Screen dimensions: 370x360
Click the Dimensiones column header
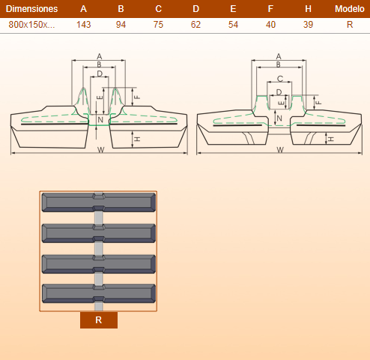click(31, 9)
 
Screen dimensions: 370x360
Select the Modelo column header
click(350, 9)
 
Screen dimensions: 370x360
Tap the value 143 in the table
click(83, 25)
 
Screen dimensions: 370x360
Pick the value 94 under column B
click(121, 25)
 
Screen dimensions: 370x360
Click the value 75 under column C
click(158, 25)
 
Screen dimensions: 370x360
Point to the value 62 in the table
click(195, 25)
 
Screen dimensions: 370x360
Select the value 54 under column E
click(233, 25)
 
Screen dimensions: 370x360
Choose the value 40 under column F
click(270, 25)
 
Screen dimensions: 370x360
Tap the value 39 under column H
click(308, 25)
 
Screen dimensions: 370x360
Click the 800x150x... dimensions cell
click(31, 25)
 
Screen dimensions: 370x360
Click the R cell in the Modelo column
click(350, 25)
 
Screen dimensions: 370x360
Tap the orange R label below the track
click(99, 320)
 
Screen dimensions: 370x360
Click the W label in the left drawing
click(100, 150)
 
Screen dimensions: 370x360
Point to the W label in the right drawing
click(280, 150)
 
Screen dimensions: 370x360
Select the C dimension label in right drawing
click(280, 79)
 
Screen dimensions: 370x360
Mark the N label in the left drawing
click(100, 120)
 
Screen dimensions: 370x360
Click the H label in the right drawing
click(331, 139)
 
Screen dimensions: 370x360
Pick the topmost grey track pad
click(99, 202)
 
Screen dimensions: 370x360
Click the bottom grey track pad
click(99, 293)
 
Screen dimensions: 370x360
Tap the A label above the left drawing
click(100, 56)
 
